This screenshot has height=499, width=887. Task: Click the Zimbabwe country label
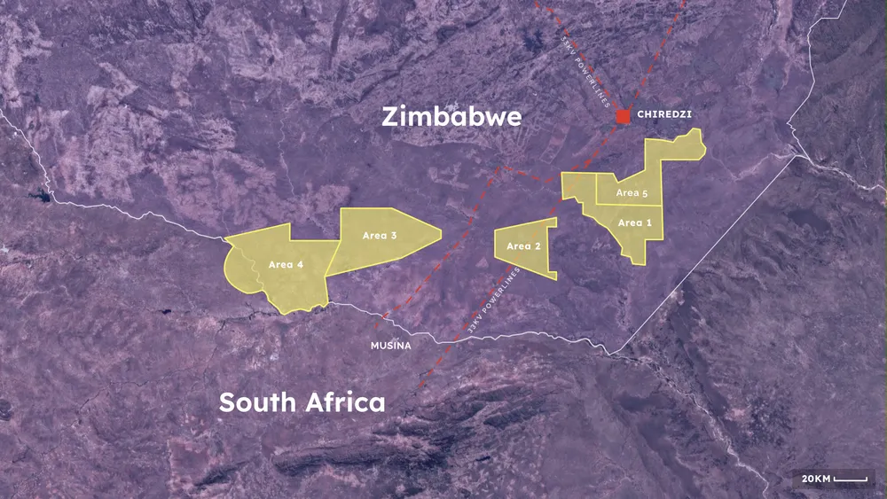pos(451,117)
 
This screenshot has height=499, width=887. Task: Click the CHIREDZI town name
pos(664,115)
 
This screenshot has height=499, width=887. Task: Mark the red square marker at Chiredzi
pos(624,116)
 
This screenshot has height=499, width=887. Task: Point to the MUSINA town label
pos(390,346)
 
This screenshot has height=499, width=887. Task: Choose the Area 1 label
pos(635,222)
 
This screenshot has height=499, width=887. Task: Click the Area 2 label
pos(523,246)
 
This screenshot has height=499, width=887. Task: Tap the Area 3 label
pos(380,236)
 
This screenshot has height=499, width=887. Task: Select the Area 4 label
pos(286,264)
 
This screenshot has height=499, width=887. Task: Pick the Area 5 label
pos(632,193)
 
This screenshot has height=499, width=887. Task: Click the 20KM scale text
pos(816,479)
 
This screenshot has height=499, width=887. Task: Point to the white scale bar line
pos(851,480)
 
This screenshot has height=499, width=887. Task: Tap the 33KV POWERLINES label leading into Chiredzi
pos(586,71)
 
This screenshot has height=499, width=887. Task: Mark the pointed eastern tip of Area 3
pos(440,235)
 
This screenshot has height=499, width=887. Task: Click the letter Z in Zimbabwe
pos(391,117)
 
